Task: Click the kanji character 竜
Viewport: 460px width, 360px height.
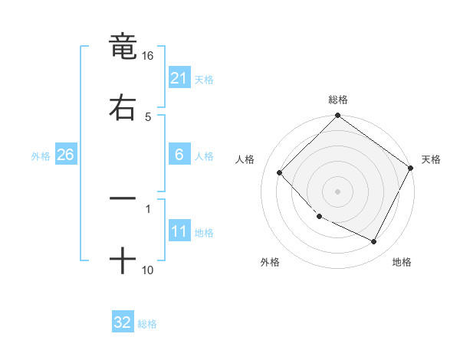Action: pyautogui.click(x=123, y=47)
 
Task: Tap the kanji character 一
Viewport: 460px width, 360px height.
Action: pyautogui.click(x=123, y=198)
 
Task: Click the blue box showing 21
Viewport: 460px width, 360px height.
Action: pyautogui.click(x=179, y=77)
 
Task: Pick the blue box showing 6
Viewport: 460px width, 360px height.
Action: pyautogui.click(x=179, y=155)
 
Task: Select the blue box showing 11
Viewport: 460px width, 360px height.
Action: pyautogui.click(x=179, y=231)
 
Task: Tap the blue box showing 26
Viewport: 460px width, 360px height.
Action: pyautogui.click(x=65, y=155)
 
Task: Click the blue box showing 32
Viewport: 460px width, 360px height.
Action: pyautogui.click(x=122, y=322)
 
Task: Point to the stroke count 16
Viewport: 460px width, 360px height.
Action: pyautogui.click(x=148, y=57)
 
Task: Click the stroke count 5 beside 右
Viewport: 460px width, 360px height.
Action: pyautogui.click(x=148, y=117)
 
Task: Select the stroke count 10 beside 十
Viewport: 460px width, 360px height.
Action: pyautogui.click(x=148, y=270)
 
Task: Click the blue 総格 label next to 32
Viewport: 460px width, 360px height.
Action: pyautogui.click(x=147, y=324)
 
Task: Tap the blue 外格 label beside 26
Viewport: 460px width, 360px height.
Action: pyautogui.click(x=41, y=156)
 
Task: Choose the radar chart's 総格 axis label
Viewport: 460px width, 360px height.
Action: pyautogui.click(x=338, y=100)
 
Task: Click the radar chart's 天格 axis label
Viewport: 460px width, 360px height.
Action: pyautogui.click(x=431, y=159)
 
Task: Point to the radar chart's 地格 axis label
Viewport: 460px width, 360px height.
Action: pyautogui.click(x=402, y=262)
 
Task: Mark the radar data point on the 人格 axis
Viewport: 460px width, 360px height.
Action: pyautogui.click(x=280, y=172)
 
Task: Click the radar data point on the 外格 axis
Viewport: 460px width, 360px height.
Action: pyautogui.click(x=320, y=217)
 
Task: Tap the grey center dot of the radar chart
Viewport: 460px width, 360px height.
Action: pyautogui.click(x=338, y=191)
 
